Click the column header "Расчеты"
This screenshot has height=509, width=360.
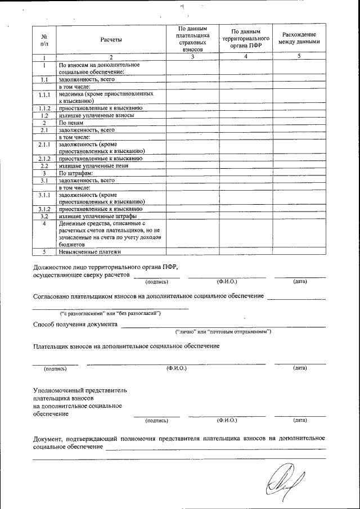point(111,39)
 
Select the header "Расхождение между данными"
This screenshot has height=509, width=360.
point(299,38)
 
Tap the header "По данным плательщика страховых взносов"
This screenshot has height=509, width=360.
point(192,39)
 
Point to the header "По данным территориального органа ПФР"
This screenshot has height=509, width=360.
point(246,38)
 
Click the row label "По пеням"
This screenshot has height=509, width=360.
point(71,123)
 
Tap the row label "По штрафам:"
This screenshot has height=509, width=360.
point(75,174)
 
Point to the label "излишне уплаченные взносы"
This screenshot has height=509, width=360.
point(96,115)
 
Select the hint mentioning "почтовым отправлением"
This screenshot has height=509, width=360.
point(223,332)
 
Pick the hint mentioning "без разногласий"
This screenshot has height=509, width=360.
point(111,313)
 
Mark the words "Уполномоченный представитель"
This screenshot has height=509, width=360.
point(80,390)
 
